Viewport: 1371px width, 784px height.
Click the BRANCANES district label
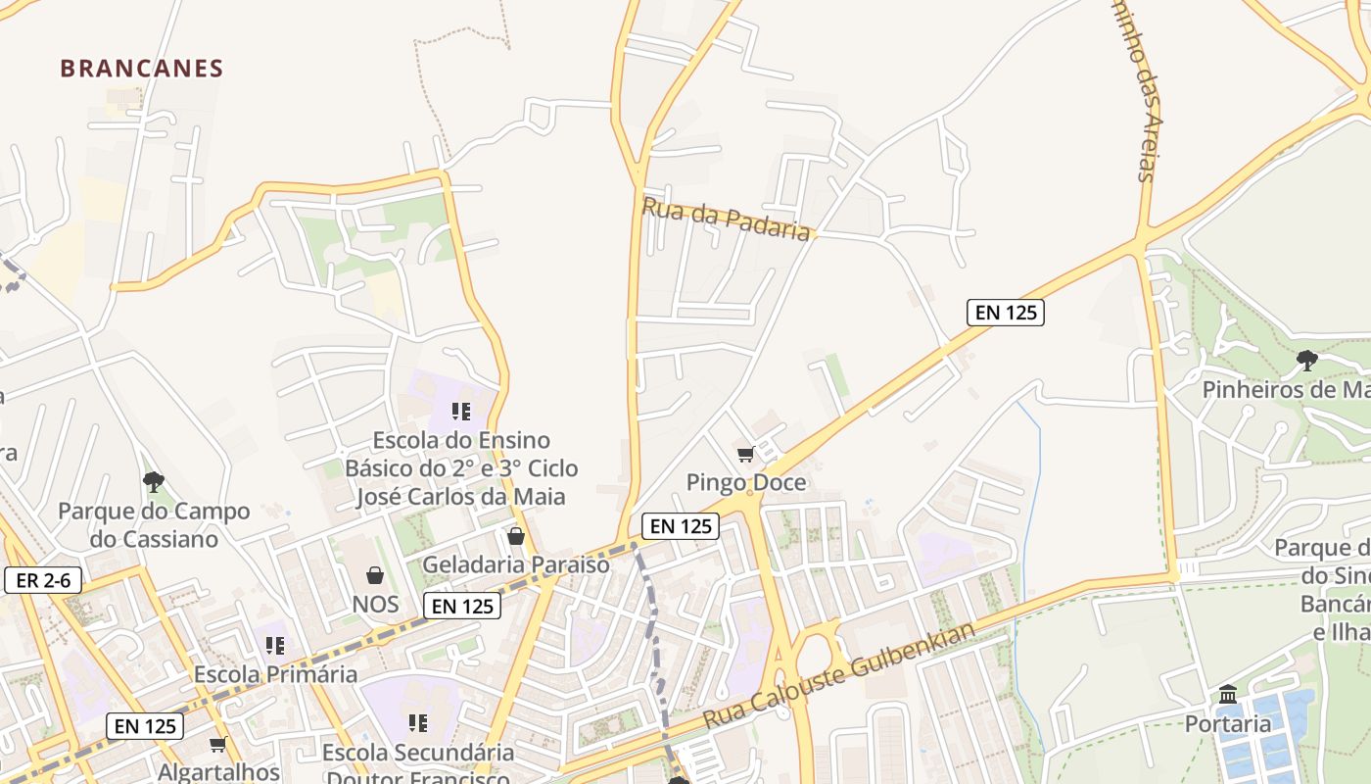pyautogui.click(x=142, y=69)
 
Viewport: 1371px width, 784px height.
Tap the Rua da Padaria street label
pyautogui.click(x=727, y=218)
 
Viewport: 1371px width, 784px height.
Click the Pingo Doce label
pyautogui.click(x=746, y=482)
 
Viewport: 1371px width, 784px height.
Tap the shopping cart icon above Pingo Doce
pyautogui.click(x=745, y=454)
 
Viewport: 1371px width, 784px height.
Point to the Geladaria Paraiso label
pyautogui.click(x=515, y=565)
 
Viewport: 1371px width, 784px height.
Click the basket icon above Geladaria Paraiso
pyautogui.click(x=516, y=536)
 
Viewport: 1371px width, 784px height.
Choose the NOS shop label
pyautogui.click(x=375, y=605)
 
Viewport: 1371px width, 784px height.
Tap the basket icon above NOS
pyautogui.click(x=375, y=575)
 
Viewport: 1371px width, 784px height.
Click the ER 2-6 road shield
pyautogui.click(x=43, y=580)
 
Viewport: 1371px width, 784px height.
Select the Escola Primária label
pyautogui.click(x=275, y=674)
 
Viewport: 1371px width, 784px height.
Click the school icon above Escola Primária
pyautogui.click(x=275, y=646)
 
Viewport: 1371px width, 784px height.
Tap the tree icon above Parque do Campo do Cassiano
pyautogui.click(x=153, y=481)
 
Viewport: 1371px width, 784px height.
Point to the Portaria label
pyautogui.click(x=1228, y=724)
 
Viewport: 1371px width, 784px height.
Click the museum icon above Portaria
pyautogui.click(x=1228, y=696)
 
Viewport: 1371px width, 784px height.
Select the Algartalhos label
pyautogui.click(x=218, y=772)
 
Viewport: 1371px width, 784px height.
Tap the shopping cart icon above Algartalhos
pyautogui.click(x=218, y=745)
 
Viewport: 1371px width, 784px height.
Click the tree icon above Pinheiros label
pyautogui.click(x=1306, y=361)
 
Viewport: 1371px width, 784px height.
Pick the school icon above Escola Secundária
pyautogui.click(x=418, y=723)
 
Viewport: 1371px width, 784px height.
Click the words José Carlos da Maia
pyautogui.click(x=460, y=497)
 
